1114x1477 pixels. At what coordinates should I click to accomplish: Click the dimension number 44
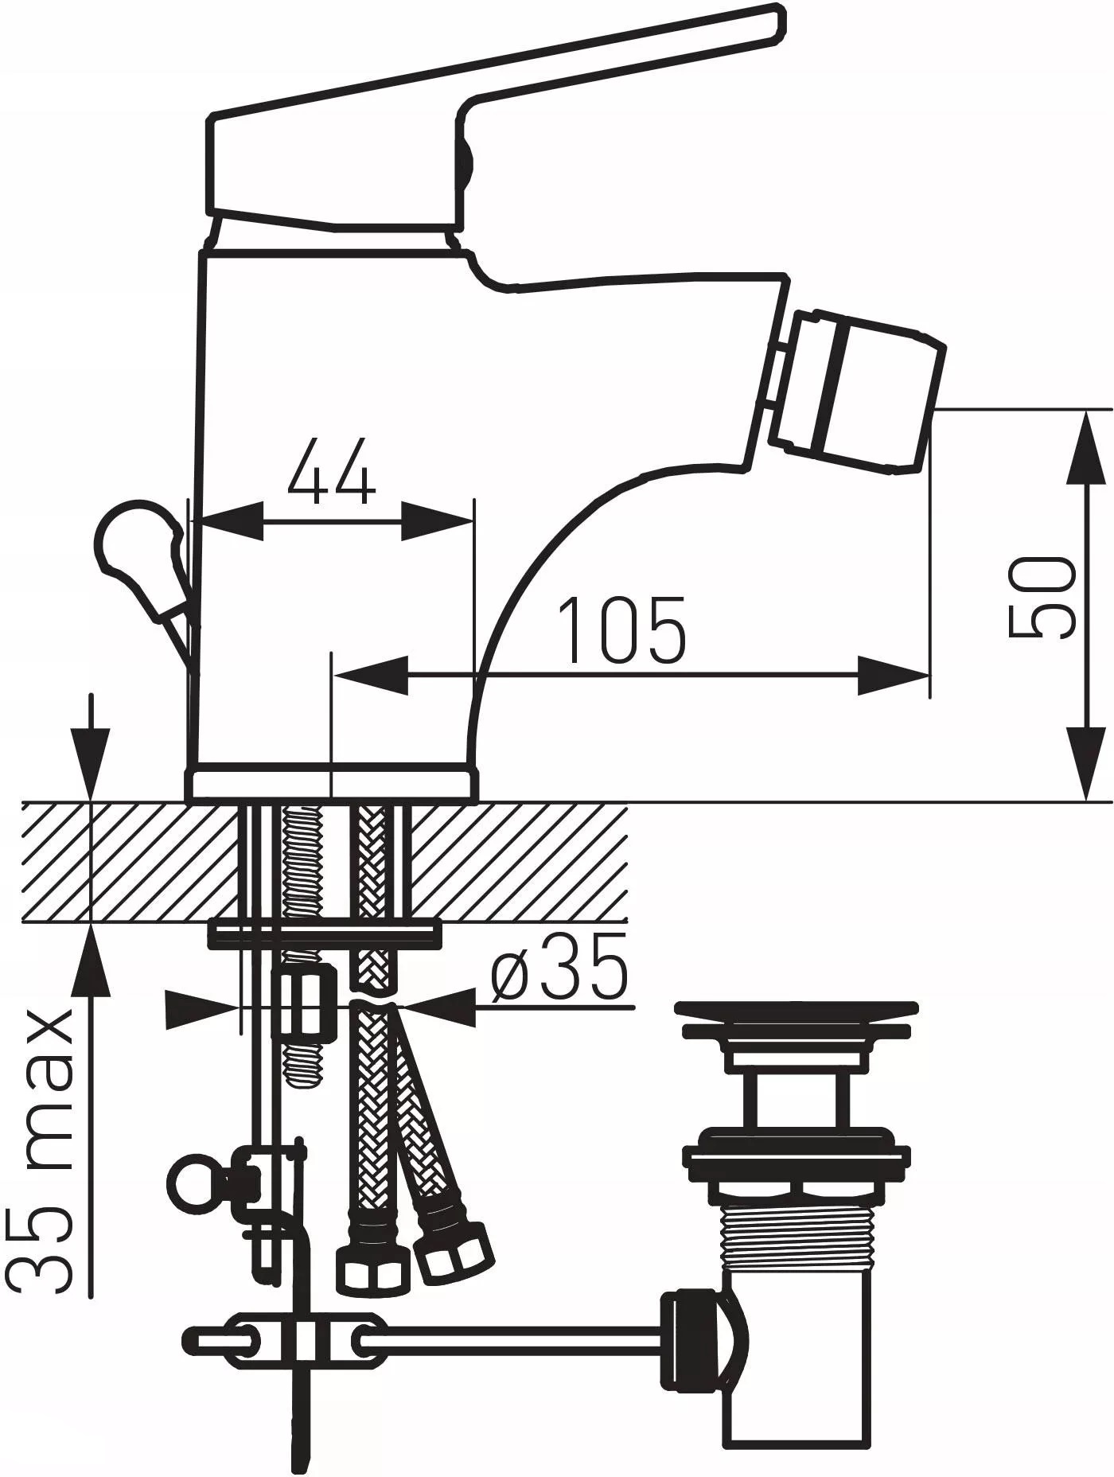coord(331,472)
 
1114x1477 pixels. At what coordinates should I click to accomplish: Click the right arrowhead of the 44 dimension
coord(438,522)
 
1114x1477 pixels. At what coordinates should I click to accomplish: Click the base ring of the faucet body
coord(332,785)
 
